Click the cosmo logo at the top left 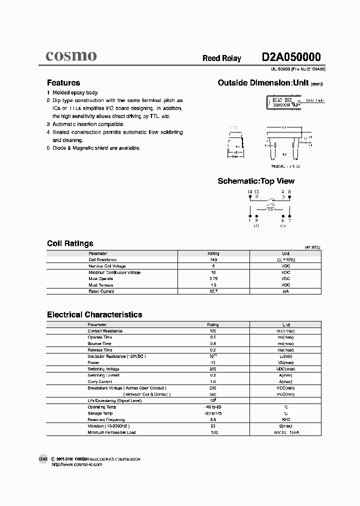(71, 56)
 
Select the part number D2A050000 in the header (291, 57)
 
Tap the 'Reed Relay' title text (221, 58)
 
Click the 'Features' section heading (63, 83)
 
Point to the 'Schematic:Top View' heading (256, 181)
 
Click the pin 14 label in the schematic (250, 192)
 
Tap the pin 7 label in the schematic (289, 220)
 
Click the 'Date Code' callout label (314, 100)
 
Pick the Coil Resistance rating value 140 (213, 260)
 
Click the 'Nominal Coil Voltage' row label (107, 266)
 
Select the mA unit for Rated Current (285, 291)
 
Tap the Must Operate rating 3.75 (213, 278)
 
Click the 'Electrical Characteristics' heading (94, 315)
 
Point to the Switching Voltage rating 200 (213, 369)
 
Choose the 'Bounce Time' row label (99, 343)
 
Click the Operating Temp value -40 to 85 (213, 407)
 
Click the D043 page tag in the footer (43, 458)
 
